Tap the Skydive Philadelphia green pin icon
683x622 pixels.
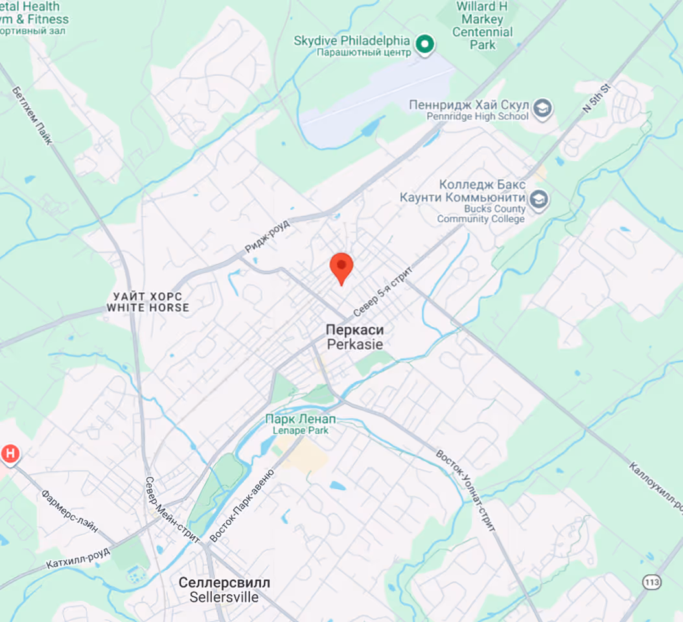425,44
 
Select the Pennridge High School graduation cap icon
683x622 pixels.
543,109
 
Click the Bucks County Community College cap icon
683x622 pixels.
538,200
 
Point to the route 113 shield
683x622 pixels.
652,582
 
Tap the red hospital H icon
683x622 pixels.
10,454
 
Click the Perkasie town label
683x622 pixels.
354,338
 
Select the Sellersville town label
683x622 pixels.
224,590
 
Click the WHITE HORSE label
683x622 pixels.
148,302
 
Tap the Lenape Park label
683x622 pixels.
300,424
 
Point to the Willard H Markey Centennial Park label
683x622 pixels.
483,25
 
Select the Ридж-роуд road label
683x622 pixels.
267,235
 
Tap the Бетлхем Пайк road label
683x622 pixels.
32,117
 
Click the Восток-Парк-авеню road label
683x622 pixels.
242,506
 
